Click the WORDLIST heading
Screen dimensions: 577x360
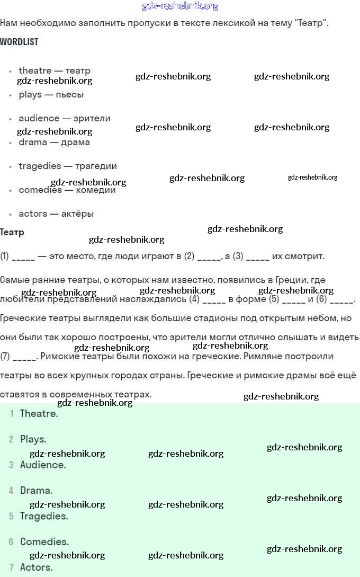pyautogui.click(x=19, y=42)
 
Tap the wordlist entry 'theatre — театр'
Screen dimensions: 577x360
pyautogui.click(x=54, y=70)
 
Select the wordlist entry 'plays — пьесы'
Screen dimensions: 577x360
pyautogui.click(x=51, y=95)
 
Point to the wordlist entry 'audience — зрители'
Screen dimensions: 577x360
pyautogui.click(x=64, y=118)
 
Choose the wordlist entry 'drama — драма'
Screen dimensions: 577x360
pyautogui.click(x=54, y=142)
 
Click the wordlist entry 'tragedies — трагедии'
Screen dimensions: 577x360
pyautogui.click(x=67, y=166)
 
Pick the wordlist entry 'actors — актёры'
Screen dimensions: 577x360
pyautogui.click(x=56, y=214)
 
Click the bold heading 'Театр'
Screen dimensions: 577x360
pyautogui.click(x=12, y=232)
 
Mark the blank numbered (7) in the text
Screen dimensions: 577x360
pyautogui.click(x=24, y=357)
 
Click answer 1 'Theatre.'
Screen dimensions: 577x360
pyautogui.click(x=39, y=414)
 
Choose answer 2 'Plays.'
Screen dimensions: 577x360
pyautogui.click(x=33, y=439)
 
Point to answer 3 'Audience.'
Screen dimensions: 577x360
pyautogui.click(x=43, y=465)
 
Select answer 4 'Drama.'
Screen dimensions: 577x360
pyautogui.click(x=36, y=491)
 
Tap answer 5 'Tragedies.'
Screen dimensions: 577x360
pyautogui.click(x=44, y=516)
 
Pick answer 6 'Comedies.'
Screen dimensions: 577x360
pyautogui.click(x=44, y=542)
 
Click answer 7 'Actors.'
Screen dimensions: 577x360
pyautogui.click(x=36, y=567)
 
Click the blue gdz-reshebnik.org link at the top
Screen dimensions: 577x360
pyautogui.click(x=180, y=6)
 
